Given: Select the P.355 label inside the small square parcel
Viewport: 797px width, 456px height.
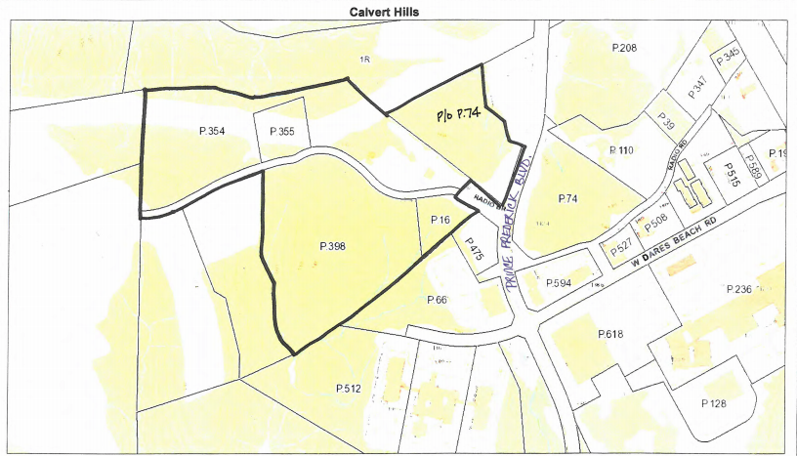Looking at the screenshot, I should pyautogui.click(x=280, y=131).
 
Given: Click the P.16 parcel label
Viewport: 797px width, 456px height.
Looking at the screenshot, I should pyautogui.click(x=440, y=221).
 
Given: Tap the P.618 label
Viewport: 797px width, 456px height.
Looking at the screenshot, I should pyautogui.click(x=609, y=334).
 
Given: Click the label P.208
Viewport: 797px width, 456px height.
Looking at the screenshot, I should pyautogui.click(x=624, y=49).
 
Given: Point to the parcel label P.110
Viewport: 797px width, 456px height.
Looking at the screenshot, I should pyautogui.click(x=621, y=150).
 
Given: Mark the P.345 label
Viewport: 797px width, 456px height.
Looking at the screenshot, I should pyautogui.click(x=729, y=57).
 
